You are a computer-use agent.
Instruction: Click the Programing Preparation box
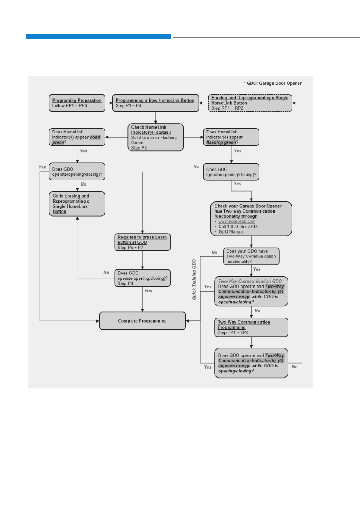(77, 103)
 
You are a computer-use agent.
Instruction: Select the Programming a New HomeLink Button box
(156, 103)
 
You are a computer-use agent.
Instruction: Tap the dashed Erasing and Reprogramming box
(250, 103)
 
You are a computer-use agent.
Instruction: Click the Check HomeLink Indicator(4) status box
(156, 137)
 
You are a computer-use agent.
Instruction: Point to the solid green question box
(77, 137)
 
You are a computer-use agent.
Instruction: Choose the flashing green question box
(231, 137)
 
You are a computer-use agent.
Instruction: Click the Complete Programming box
(142, 320)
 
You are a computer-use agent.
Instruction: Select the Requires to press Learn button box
(142, 242)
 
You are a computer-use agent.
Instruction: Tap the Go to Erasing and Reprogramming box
(77, 203)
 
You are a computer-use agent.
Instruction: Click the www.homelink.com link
(237, 221)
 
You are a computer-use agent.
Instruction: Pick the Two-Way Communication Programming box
(251, 327)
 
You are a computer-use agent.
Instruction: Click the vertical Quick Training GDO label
(194, 280)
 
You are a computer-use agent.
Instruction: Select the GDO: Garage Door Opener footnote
(273, 83)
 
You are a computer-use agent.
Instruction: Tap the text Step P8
(125, 283)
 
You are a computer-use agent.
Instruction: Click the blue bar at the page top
(98, 36)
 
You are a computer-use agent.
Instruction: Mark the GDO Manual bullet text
(231, 232)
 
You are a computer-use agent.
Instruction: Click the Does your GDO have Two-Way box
(251, 256)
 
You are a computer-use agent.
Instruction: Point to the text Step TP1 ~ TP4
(233, 332)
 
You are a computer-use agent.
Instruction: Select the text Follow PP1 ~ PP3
(70, 105)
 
